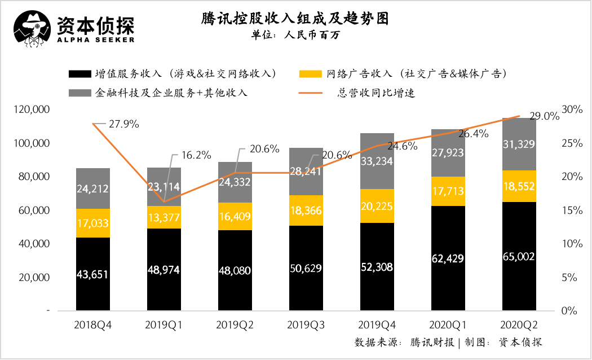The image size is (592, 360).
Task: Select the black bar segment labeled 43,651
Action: pyautogui.click(x=93, y=274)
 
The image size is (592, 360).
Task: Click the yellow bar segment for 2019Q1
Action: pyautogui.click(x=164, y=217)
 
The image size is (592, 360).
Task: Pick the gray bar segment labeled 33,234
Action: pyautogui.click(x=377, y=161)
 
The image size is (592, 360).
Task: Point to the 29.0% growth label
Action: pyautogui.click(x=545, y=117)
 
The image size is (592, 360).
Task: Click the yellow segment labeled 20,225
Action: pyautogui.click(x=377, y=206)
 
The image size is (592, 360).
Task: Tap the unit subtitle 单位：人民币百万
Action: pyautogui.click(x=295, y=34)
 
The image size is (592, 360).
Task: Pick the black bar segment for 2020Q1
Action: pyautogui.click(x=448, y=258)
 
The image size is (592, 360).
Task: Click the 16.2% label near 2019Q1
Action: pyautogui.click(x=196, y=154)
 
